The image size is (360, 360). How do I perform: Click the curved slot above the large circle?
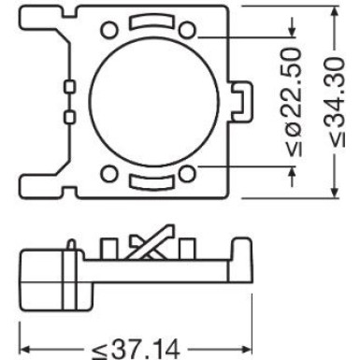150,22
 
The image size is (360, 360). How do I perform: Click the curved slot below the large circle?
150,184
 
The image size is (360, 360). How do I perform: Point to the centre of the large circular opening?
150,103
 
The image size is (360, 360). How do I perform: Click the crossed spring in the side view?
150,242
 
